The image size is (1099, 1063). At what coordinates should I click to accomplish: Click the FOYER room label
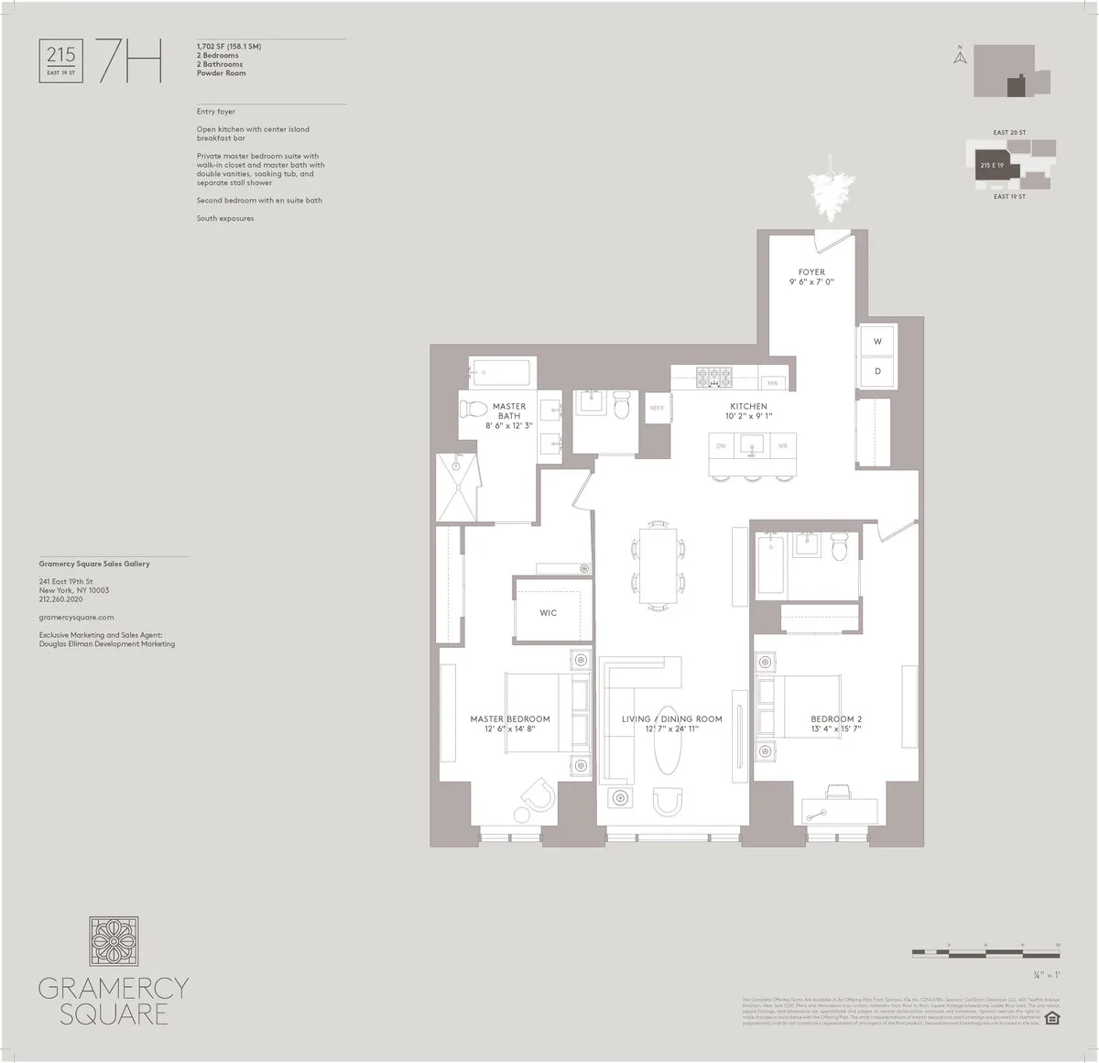tap(811, 272)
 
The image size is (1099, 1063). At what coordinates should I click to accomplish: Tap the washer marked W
tap(876, 342)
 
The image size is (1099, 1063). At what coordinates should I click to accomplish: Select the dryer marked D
tap(876, 372)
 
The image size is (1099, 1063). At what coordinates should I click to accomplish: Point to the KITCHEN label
tap(748, 406)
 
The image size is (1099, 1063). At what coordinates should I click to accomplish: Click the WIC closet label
tap(548, 612)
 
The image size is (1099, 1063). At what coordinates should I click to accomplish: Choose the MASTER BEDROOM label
tap(510, 719)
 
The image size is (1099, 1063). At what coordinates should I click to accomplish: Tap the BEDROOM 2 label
tap(835, 719)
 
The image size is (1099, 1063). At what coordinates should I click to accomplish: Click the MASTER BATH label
tap(509, 411)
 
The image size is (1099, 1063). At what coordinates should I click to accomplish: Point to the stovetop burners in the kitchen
tap(713, 375)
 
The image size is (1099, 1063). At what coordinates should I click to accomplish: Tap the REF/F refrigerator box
tap(657, 409)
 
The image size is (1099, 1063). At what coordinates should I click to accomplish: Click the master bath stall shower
tap(456, 487)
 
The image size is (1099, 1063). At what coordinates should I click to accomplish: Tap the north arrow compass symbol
tap(960, 58)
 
